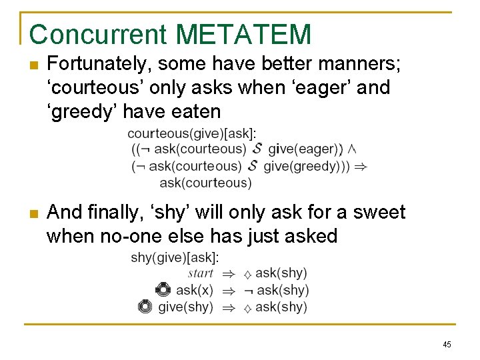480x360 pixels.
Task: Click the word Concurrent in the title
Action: pos(97,35)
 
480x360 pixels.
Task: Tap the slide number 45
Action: pos(447,344)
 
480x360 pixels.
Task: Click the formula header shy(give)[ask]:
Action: pos(175,257)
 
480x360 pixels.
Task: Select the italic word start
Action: pos(200,273)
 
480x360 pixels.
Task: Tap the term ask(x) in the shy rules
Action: pos(195,290)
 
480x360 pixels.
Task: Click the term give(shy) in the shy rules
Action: pos(185,307)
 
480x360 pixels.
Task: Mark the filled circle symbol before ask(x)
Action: pos(163,289)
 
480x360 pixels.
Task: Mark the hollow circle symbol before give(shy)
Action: pos(145,307)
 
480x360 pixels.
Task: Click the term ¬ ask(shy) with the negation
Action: pos(276,290)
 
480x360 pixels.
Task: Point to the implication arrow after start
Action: pos(227,273)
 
